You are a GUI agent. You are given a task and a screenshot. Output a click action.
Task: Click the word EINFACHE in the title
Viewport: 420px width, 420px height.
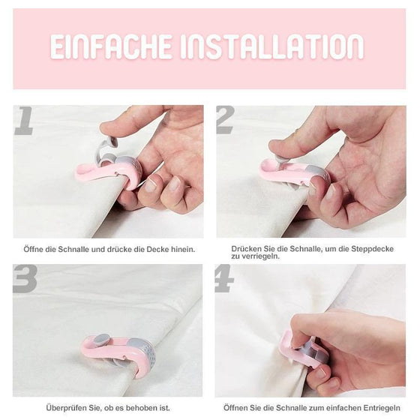112,46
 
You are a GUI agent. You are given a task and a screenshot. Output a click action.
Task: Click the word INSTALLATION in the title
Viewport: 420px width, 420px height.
272,46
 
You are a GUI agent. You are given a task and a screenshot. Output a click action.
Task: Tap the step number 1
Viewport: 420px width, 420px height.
23,120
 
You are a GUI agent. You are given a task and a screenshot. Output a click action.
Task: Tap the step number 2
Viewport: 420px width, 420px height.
226,120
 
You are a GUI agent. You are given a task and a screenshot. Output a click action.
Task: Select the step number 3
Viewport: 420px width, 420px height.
25,278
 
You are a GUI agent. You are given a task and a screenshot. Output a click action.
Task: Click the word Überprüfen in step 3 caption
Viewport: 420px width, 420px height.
65,407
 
